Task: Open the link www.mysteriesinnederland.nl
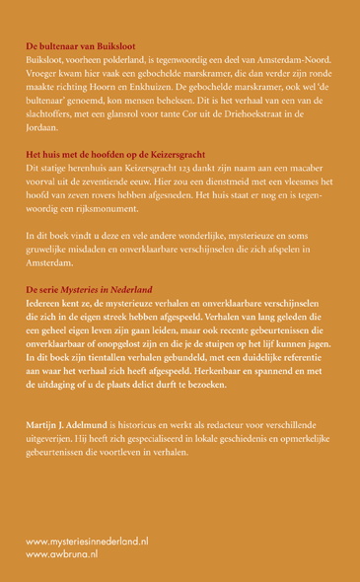(x=87, y=543)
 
